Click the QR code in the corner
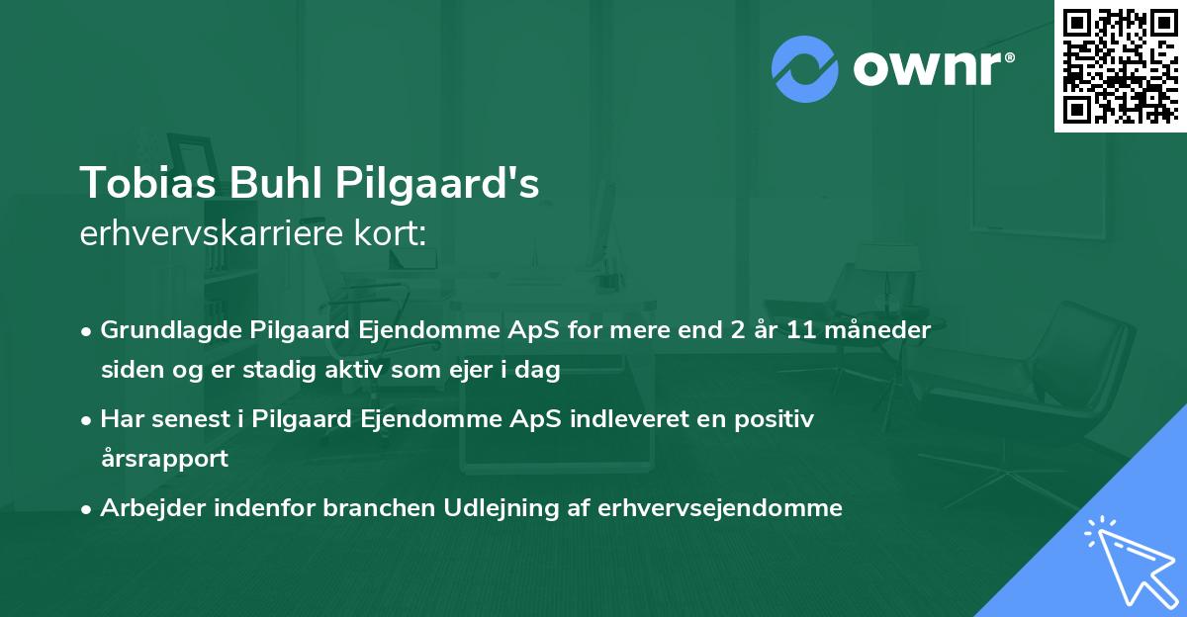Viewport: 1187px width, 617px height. pos(1120,65)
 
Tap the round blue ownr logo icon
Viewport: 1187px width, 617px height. pos(804,67)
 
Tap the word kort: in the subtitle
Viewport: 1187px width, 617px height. pos(393,235)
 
